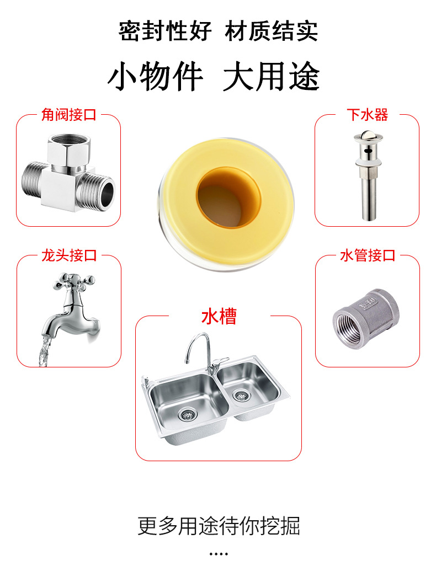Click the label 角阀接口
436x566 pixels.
point(68,115)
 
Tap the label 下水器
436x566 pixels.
point(367,115)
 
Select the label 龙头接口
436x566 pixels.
point(68,255)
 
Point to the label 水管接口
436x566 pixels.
point(368,255)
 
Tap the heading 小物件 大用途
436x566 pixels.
point(213,77)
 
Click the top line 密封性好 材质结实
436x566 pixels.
point(218,31)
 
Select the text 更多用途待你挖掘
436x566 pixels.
point(219,526)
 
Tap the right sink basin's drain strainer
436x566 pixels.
point(241,395)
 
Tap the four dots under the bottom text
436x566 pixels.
point(219,554)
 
